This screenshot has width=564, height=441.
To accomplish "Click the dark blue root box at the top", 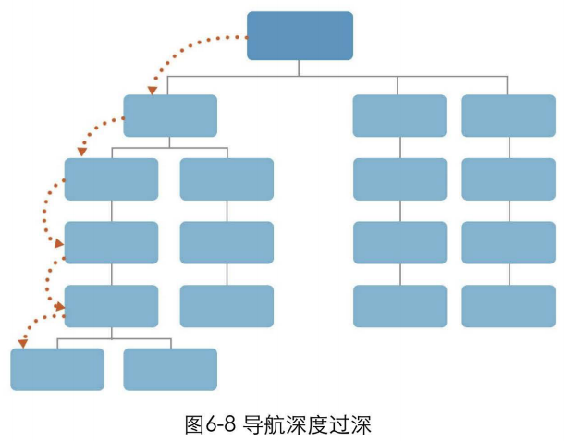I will pos(300,35).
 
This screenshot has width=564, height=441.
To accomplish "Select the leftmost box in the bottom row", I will pos(57,369).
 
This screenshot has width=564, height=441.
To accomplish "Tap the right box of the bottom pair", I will pos(170,369).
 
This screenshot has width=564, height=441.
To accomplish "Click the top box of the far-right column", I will pos(509,116).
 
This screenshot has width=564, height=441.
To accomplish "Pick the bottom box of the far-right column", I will pos(509,306).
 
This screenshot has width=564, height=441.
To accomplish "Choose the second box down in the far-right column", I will pos(509,179).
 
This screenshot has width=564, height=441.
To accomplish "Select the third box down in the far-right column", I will pos(509,242).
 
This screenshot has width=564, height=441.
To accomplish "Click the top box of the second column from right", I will pos(399,116).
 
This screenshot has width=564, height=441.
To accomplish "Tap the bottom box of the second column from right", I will pos(399,306).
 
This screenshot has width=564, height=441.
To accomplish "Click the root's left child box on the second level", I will pos(170,116).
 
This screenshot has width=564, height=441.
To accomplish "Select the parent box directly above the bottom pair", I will pos(112,306).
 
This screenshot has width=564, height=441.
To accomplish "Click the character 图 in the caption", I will pos(194,425).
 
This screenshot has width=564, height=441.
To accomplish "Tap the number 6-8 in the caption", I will pos(221,425).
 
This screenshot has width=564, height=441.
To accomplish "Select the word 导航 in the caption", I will pos(264,425).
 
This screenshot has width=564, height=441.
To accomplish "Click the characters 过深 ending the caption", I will pos(351,425).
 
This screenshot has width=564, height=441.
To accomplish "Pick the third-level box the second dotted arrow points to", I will pos(112,179).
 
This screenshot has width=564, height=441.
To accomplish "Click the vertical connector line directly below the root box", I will pos(300,67).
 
